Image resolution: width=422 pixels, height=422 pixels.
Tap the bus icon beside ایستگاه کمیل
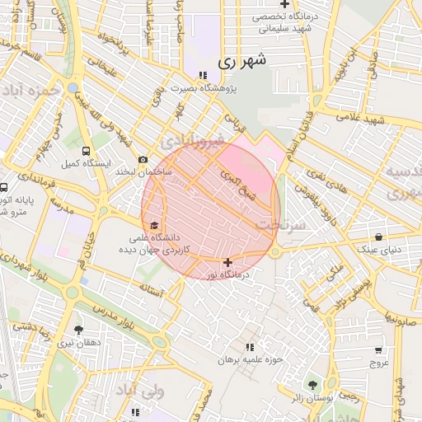tap(87, 151)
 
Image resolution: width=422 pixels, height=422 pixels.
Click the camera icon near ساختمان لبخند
tap(143, 159)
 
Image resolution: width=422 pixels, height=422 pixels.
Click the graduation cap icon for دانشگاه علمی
tap(154, 225)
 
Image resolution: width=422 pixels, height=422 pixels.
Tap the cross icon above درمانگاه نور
tap(227, 262)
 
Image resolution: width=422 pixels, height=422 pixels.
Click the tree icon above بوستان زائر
tap(312, 385)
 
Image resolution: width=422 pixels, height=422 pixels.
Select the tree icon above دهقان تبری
tap(79, 329)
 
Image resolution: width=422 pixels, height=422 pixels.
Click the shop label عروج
tap(378, 362)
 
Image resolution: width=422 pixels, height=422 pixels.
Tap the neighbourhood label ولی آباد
tap(140, 390)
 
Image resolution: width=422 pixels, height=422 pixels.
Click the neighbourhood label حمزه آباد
tap(31, 88)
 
